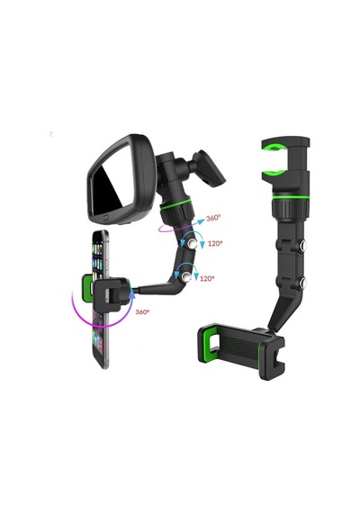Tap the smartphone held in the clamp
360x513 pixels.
(100, 298)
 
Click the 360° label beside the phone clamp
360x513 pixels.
(142, 311)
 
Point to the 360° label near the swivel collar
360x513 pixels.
(213, 218)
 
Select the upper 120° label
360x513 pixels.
(215, 243)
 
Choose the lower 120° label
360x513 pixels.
(207, 278)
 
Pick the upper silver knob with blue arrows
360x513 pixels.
(191, 243)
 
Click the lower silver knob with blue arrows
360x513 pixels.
(186, 277)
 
